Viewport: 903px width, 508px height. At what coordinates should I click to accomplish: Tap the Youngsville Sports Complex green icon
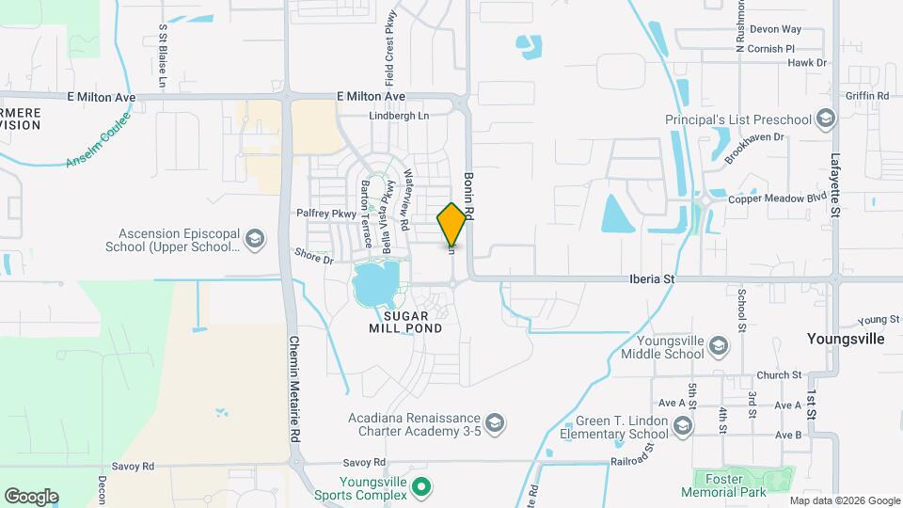[422, 486]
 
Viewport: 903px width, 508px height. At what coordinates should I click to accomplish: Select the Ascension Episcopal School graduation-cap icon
[254, 241]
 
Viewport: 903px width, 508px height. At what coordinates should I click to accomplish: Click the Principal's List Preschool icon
[826, 119]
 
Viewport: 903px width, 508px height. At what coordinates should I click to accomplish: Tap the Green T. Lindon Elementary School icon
[683, 427]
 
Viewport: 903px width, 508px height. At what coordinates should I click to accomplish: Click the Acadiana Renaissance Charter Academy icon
[496, 419]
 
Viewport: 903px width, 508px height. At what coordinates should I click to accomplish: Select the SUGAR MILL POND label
[406, 321]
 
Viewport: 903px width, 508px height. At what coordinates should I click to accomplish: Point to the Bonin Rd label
[468, 196]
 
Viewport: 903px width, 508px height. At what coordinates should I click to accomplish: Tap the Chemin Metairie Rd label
[294, 389]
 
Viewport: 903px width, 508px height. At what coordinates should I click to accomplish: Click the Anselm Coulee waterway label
[98, 138]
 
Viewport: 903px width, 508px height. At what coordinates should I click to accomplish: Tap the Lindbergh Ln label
[398, 116]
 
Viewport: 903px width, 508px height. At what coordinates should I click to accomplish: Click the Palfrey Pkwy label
[326, 214]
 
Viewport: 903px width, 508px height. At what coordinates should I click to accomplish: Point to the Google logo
[31, 496]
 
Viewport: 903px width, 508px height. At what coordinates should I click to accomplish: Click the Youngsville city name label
[847, 339]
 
